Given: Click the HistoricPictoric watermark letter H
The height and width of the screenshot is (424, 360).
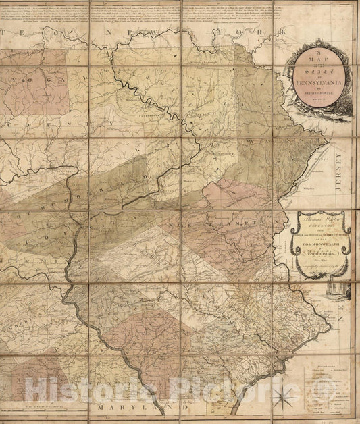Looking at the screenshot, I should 36,390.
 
